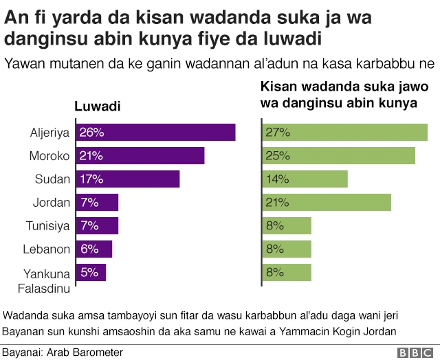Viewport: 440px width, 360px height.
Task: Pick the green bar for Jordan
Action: tap(327, 202)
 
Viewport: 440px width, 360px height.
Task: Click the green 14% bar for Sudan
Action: tap(305, 179)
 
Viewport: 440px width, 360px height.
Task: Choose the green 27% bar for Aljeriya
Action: tap(345, 132)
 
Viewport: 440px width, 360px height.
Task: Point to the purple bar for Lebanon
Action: tap(93, 249)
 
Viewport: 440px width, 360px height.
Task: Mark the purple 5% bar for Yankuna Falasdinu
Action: tap(91, 272)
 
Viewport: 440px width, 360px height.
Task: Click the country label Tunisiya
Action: tap(48, 226)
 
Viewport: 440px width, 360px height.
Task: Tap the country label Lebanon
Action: tap(47, 249)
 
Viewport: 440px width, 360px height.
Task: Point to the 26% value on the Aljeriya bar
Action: tap(91, 132)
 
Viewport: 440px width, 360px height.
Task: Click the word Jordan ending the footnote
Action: tap(381, 332)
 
